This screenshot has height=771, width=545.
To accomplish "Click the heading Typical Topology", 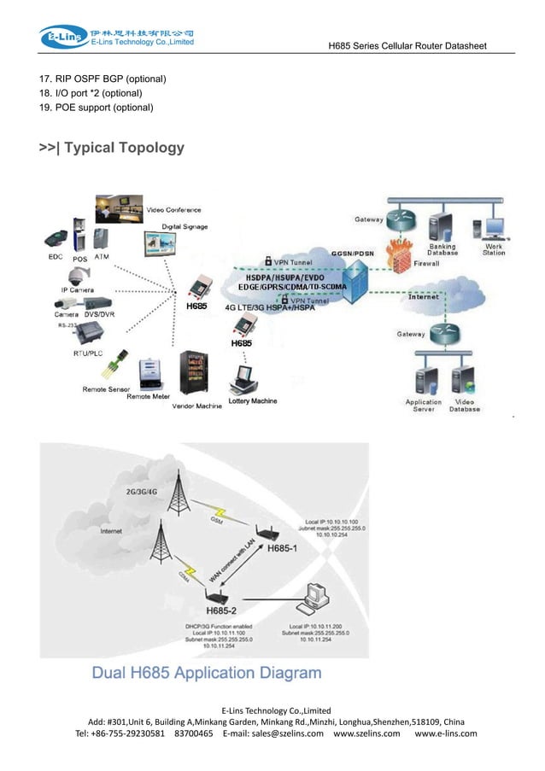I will (112, 148).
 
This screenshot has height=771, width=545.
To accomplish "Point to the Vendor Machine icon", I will (193, 375).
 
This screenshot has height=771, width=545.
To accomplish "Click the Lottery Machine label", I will (252, 400).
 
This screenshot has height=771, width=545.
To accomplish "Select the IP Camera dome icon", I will (79, 275).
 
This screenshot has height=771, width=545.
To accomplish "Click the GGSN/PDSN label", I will (351, 254).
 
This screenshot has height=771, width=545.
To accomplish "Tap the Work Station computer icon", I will (493, 228).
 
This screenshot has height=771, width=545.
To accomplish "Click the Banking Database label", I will (443, 249).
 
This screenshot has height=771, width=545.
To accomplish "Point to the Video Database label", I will (465, 406).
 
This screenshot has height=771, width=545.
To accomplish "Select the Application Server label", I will (423, 406).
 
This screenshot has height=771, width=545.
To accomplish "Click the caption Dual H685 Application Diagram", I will (207, 672).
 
